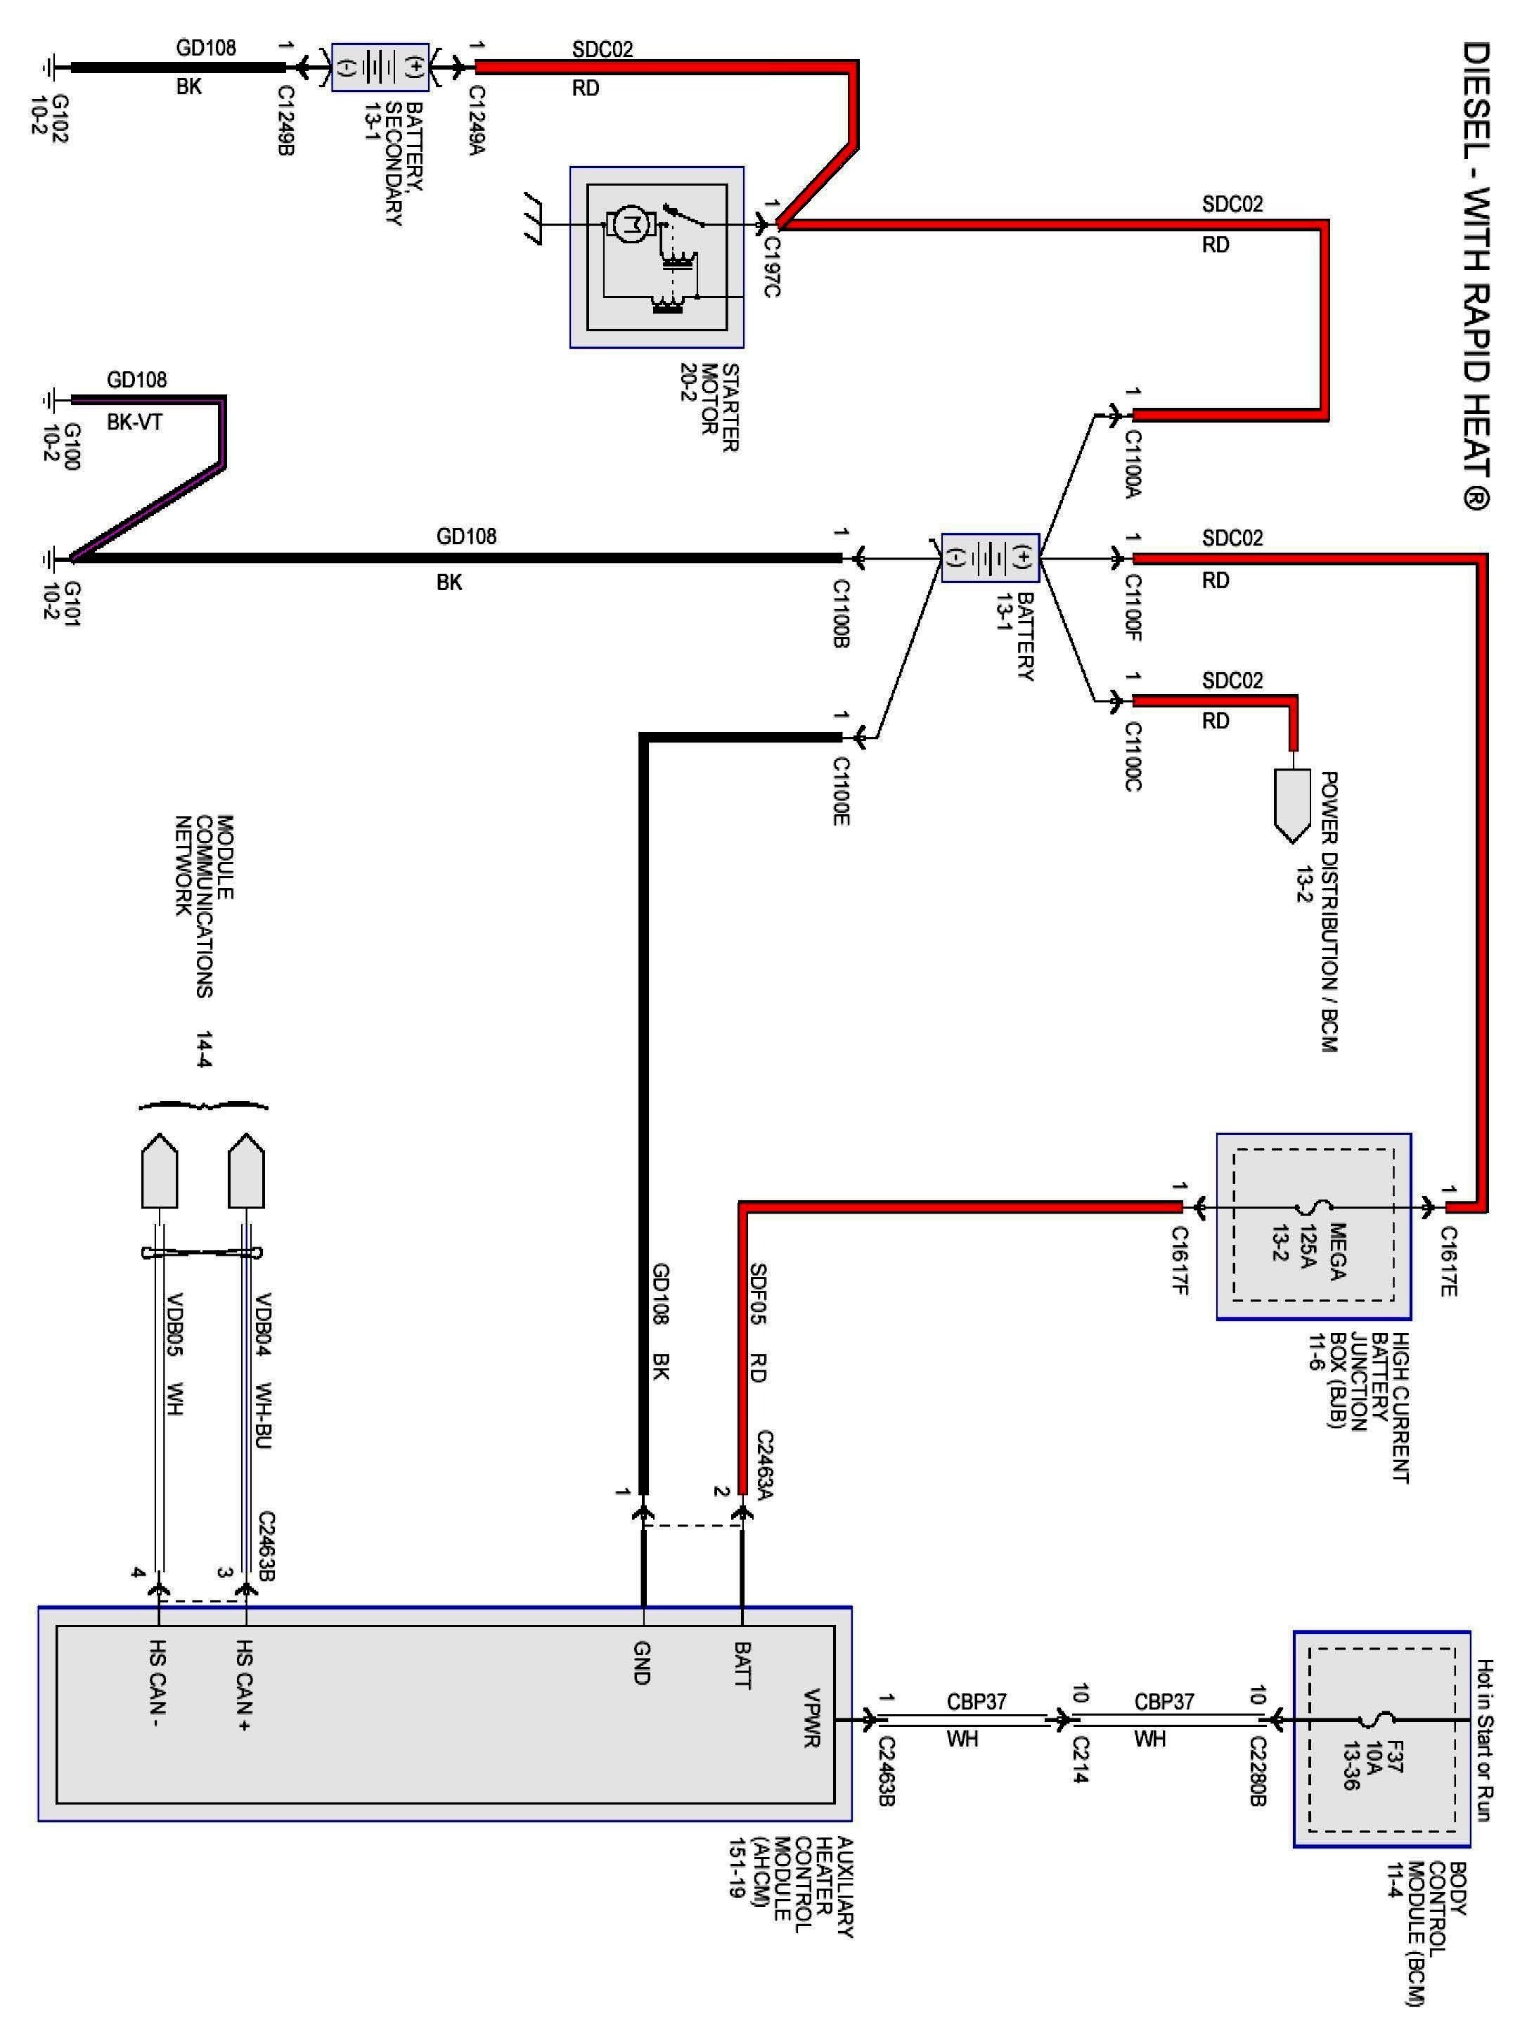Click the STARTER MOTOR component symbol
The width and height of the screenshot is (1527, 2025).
657,257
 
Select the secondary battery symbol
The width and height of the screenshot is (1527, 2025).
380,67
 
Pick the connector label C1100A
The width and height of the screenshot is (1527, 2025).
1133,464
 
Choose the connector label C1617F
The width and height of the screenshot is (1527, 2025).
1179,1259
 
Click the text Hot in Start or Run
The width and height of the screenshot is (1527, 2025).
1485,1740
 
